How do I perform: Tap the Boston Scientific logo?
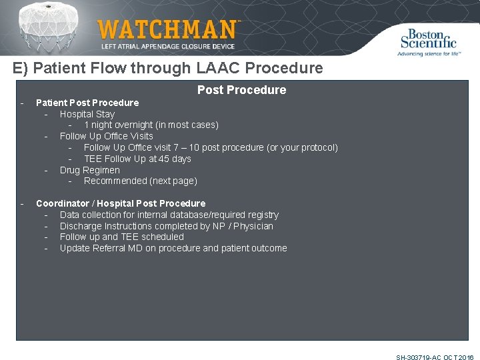[x=428, y=41]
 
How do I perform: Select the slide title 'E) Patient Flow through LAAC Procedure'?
[x=167, y=68]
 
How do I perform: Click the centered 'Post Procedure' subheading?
[x=241, y=90]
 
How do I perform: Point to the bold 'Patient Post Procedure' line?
[x=87, y=103]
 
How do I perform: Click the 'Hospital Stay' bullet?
[x=87, y=114]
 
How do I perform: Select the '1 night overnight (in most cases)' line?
[x=151, y=125]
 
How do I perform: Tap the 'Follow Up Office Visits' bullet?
[x=106, y=136]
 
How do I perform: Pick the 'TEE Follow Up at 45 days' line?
[x=137, y=159]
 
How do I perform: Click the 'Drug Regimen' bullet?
[x=89, y=170]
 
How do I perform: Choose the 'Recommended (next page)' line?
[x=140, y=181]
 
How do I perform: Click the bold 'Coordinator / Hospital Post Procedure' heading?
[x=121, y=203]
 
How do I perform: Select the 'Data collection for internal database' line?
[x=169, y=215]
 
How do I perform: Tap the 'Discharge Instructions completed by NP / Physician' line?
[x=166, y=226]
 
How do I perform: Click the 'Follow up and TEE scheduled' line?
[x=121, y=237]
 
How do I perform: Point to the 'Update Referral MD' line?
[x=173, y=248]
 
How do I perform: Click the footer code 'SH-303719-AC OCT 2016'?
[x=435, y=357]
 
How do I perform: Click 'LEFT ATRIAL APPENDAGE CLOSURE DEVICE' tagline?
[x=169, y=47]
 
